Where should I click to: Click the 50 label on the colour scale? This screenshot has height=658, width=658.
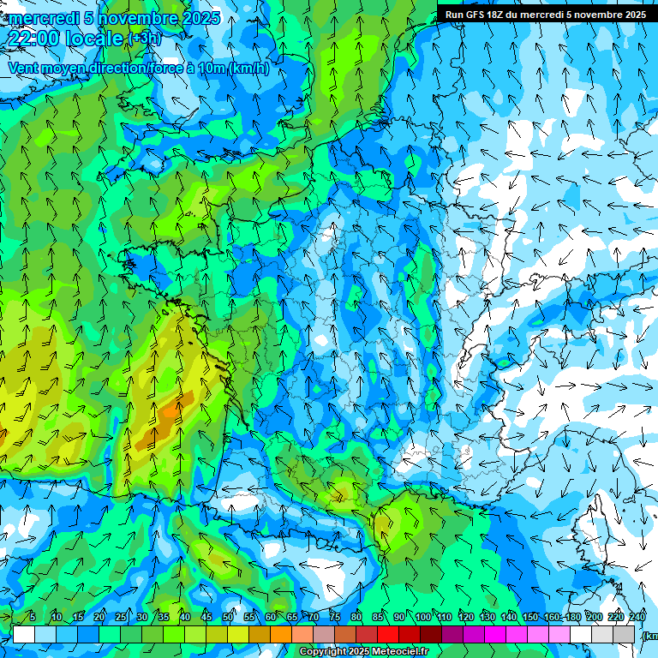pos(228,617)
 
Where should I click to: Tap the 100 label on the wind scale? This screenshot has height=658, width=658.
pos(423,617)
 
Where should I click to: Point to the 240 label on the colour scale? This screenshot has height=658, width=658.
pos(637,617)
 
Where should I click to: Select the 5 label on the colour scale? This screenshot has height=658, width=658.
pos(33,617)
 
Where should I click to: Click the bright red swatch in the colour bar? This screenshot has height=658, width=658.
pos(388,634)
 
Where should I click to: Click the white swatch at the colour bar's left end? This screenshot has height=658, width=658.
pos(24,634)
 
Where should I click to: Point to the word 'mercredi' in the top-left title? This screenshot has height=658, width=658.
pos(40,18)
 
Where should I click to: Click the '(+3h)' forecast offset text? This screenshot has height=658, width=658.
pos(144,38)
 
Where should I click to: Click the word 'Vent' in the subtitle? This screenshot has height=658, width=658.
pos(23,69)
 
